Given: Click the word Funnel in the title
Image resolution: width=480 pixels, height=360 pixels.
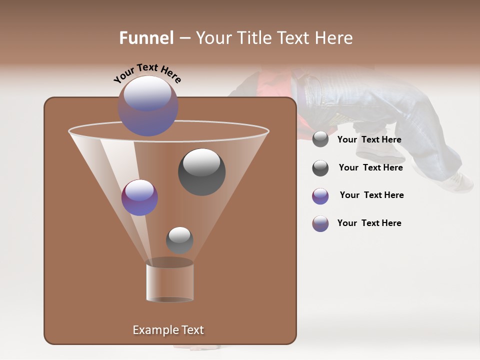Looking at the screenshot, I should point(146,38).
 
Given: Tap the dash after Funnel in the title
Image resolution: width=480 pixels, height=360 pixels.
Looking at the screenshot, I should point(184,38).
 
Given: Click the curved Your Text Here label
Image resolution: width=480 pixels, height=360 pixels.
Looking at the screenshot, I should point(147,72).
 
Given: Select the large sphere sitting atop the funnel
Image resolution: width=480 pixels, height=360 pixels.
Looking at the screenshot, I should point(148,106).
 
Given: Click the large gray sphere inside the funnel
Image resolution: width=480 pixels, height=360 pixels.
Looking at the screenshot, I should point(201,172).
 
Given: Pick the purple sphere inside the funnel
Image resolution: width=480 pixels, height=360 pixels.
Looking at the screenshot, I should point(139,197).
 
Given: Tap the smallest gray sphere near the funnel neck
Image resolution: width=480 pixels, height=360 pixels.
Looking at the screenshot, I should point(179,240).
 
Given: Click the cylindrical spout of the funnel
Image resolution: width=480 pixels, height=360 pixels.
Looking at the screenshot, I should point(170,282).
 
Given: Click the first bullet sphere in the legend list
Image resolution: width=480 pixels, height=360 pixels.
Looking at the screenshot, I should point(320,139).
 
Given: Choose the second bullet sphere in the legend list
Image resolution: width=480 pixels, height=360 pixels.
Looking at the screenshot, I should point(320,168).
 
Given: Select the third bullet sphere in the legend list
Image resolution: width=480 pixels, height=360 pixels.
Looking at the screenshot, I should point(320,196).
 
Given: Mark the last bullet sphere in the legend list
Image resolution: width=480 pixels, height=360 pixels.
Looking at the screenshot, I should point(320,223).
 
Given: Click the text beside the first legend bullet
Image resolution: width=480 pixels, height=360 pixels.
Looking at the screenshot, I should point(369,140).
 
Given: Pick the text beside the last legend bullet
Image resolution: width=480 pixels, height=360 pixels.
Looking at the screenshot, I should point(369,223).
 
